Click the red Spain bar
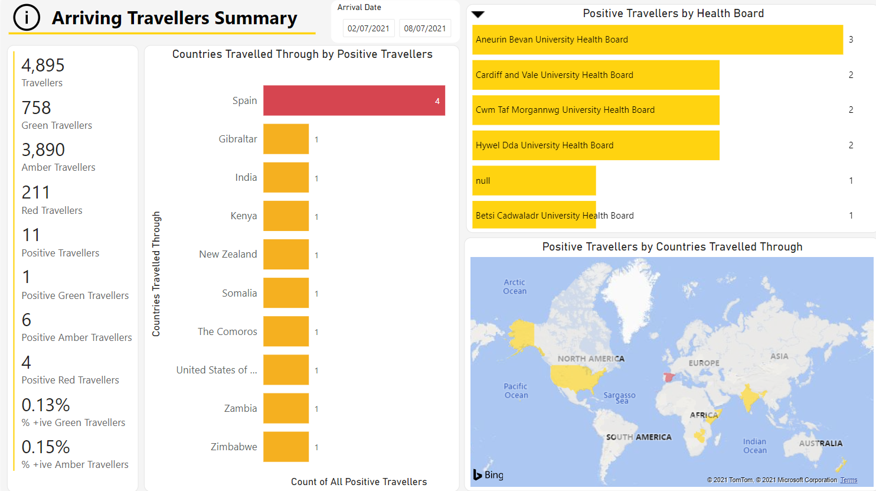click(x=354, y=100)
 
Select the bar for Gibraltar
click(x=286, y=139)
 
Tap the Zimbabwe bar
click(x=286, y=447)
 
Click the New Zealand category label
click(x=228, y=254)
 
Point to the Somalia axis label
click(x=239, y=293)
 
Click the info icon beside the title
click(x=27, y=18)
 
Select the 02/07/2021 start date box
click(x=368, y=28)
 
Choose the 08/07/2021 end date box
click(x=424, y=28)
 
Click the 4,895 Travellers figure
click(x=43, y=65)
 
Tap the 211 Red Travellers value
click(x=36, y=193)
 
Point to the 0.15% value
click(x=45, y=447)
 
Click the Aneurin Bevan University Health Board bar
click(x=657, y=40)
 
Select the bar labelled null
click(x=534, y=181)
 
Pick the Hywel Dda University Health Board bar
click(x=596, y=145)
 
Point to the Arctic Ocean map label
click(x=514, y=287)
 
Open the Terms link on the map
click(x=848, y=480)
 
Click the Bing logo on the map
click(x=488, y=474)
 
